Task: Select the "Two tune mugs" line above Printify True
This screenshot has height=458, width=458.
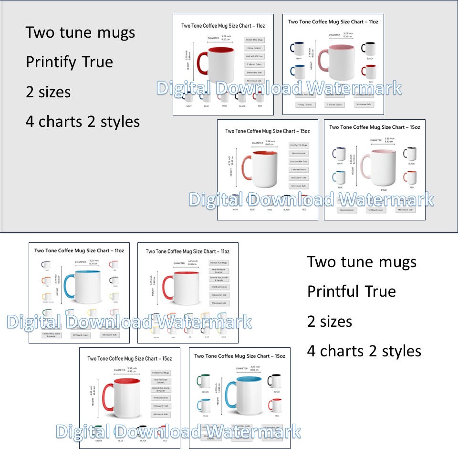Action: (x=80, y=33)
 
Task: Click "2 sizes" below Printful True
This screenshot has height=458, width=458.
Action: (x=330, y=322)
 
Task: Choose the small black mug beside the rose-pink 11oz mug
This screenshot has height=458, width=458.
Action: (x=368, y=49)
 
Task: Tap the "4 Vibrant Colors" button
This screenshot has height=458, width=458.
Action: (x=160, y=397)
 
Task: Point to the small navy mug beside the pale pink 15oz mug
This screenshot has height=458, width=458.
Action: (x=339, y=154)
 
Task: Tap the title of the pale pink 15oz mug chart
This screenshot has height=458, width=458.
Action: (x=375, y=127)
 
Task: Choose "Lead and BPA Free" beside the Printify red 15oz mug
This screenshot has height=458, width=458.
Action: (x=299, y=162)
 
